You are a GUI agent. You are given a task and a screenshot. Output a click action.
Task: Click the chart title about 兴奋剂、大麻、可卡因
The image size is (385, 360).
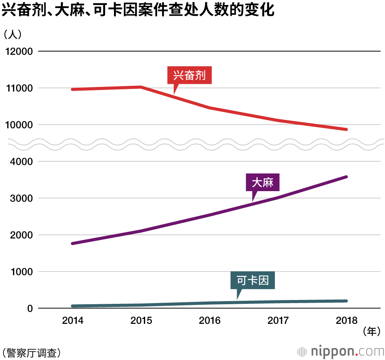(138, 10)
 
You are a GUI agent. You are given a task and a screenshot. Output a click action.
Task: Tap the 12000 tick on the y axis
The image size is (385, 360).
(18, 52)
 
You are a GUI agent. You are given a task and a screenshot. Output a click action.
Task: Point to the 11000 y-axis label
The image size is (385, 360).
(18, 88)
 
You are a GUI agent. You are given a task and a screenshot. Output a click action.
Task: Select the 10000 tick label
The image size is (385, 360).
(18, 125)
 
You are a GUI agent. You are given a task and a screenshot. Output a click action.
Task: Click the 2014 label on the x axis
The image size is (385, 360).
(73, 320)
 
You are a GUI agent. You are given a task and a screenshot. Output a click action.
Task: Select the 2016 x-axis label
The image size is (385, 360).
(210, 320)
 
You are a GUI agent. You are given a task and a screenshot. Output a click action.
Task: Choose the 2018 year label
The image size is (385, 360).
(346, 320)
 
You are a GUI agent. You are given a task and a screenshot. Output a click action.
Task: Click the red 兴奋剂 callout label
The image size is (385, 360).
(189, 75)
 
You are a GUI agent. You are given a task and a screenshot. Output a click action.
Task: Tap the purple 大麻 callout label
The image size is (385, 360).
(263, 183)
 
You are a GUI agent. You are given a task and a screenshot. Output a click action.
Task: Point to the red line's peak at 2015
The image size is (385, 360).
(141, 87)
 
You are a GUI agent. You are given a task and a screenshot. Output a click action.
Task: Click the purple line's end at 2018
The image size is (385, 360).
(346, 177)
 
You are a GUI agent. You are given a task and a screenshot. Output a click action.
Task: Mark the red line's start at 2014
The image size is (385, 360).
(73, 89)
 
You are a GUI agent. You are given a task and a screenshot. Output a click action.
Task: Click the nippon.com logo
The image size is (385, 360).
(341, 351)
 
